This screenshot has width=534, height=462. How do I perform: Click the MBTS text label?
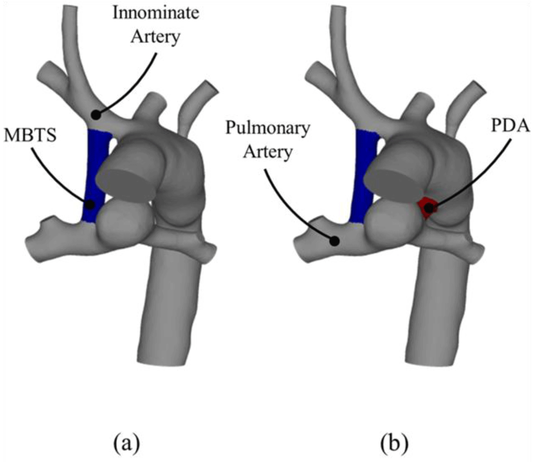click(30, 136)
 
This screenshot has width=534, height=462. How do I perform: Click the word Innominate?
click(156, 13)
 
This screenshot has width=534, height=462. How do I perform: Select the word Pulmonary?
click(268, 128)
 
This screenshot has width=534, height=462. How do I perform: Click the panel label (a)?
click(127, 443)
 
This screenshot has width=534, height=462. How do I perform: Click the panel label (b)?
click(394, 443)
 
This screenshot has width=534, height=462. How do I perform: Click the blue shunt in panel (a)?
click(97, 176)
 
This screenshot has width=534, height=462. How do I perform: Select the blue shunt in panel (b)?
click(365, 176)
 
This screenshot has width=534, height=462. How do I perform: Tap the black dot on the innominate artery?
click(96, 115)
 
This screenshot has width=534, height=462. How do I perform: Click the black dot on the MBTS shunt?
click(90, 205)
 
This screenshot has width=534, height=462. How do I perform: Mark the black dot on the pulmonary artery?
click(335, 241)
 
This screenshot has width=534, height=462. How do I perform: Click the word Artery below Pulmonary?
click(268, 152)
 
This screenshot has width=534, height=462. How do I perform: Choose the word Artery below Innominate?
click(156, 37)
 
